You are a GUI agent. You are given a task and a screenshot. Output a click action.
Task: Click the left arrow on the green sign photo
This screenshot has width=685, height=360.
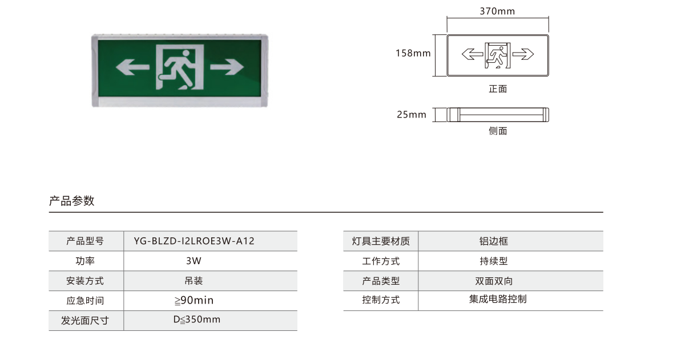pyautogui.click(x=132, y=67)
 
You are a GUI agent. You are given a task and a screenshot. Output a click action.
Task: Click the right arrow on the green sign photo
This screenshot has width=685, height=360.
pyautogui.click(x=227, y=67)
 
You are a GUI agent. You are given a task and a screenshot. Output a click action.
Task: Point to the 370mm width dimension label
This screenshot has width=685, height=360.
pyautogui.click(x=497, y=11)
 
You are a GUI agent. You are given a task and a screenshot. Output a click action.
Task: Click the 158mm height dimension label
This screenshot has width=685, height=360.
pyautogui.click(x=413, y=53)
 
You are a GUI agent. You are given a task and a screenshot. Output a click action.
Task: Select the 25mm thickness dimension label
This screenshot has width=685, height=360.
pyautogui.click(x=412, y=115)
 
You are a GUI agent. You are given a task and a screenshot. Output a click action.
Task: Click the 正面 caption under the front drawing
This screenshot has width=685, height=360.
pyautogui.click(x=498, y=89)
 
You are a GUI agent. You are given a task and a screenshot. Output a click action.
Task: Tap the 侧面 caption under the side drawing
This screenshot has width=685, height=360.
pyautogui.click(x=498, y=131)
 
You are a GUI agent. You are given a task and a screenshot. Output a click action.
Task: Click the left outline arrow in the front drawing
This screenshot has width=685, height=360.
pyautogui.click(x=473, y=54)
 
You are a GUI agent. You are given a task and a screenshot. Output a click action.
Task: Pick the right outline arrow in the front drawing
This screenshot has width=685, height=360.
pyautogui.click(x=523, y=54)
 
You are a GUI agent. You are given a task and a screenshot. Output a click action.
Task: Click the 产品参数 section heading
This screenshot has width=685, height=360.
pyautogui.click(x=71, y=201)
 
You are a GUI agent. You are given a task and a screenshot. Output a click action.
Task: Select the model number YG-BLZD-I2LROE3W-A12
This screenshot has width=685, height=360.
pyautogui.click(x=194, y=241)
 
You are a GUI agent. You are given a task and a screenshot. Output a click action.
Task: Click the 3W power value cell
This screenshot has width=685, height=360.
pyautogui.click(x=194, y=261)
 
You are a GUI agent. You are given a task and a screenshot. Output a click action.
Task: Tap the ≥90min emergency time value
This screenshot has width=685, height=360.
pyautogui.click(x=194, y=300)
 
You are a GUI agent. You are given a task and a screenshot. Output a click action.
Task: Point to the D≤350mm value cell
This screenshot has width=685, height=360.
pyautogui.click(x=196, y=319)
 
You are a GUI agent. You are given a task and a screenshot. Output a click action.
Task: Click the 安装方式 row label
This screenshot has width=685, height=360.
pyautogui.click(x=85, y=281)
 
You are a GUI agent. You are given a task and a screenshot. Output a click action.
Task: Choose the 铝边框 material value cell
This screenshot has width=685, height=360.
pyautogui.click(x=494, y=241)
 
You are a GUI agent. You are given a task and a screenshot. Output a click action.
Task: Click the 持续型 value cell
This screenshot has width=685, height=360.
pyautogui.click(x=494, y=261)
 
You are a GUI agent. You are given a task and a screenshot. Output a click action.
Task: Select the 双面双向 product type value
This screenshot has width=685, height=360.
pyautogui.click(x=494, y=281)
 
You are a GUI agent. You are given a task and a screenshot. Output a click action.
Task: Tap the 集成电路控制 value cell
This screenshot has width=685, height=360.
pyautogui.click(x=498, y=299)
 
